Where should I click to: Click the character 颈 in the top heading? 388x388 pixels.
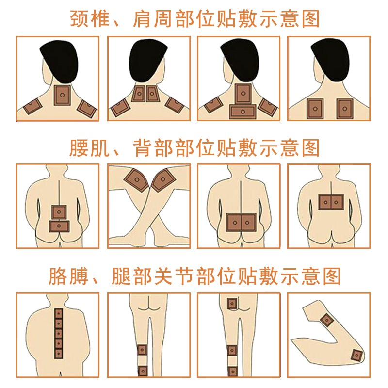coord(79,18)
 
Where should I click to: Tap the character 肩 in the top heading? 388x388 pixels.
coord(142,18)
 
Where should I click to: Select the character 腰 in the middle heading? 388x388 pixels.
coord(79,148)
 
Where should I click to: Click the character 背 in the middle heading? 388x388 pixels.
coord(142,148)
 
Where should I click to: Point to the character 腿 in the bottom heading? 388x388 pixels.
coord(121,276)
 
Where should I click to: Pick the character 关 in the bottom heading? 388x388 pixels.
coord(163,276)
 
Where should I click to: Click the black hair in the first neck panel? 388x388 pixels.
coord(59,61)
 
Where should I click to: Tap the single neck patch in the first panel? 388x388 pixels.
coord(63,95)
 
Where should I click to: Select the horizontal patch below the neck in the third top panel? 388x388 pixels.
coord(242,112)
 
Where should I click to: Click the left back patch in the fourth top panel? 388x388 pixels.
coord(315,109)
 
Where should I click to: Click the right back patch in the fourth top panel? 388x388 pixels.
coord(345,109)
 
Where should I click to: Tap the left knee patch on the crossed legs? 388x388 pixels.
coord(136,180)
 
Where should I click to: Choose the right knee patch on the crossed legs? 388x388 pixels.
coord(163,179)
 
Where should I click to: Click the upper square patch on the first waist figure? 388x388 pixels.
coord(59,212)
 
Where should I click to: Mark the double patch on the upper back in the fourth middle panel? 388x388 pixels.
coord(331,202)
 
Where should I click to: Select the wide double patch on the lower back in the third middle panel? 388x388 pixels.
coord(241,223)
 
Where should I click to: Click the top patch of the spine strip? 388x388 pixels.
coord(58,313)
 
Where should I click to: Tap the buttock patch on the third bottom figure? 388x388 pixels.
coord(232,304)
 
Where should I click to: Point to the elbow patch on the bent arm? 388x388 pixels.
coord(357,356)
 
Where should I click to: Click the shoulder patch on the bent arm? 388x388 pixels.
coord(327,320)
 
